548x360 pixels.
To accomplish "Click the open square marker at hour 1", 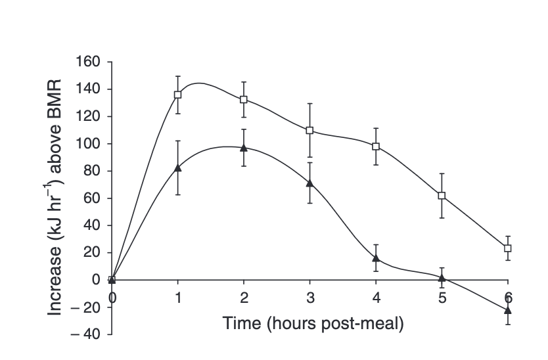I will pyautogui.click(x=178, y=95).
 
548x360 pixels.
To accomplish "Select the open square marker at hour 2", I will pyautogui.click(x=244, y=99).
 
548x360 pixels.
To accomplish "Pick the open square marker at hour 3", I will pyautogui.click(x=309, y=130).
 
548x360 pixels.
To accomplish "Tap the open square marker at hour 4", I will pyautogui.click(x=376, y=146).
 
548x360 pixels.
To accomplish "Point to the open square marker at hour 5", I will pyautogui.click(x=442, y=196).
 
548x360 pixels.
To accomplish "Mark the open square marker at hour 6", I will pyautogui.click(x=507, y=248).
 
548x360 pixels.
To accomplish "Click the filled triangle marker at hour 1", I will pyautogui.click(x=178, y=168).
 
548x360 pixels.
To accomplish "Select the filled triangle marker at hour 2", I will pyautogui.click(x=244, y=148).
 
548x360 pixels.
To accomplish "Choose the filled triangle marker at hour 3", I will pyautogui.click(x=309, y=183).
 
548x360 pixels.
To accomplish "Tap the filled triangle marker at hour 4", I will pyautogui.click(x=376, y=258).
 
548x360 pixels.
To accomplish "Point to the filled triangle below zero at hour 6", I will pyautogui.click(x=507, y=309).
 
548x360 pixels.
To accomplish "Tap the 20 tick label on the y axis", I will pyautogui.click(x=93, y=253).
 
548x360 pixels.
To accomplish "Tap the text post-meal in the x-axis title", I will pyautogui.click(x=364, y=324).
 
